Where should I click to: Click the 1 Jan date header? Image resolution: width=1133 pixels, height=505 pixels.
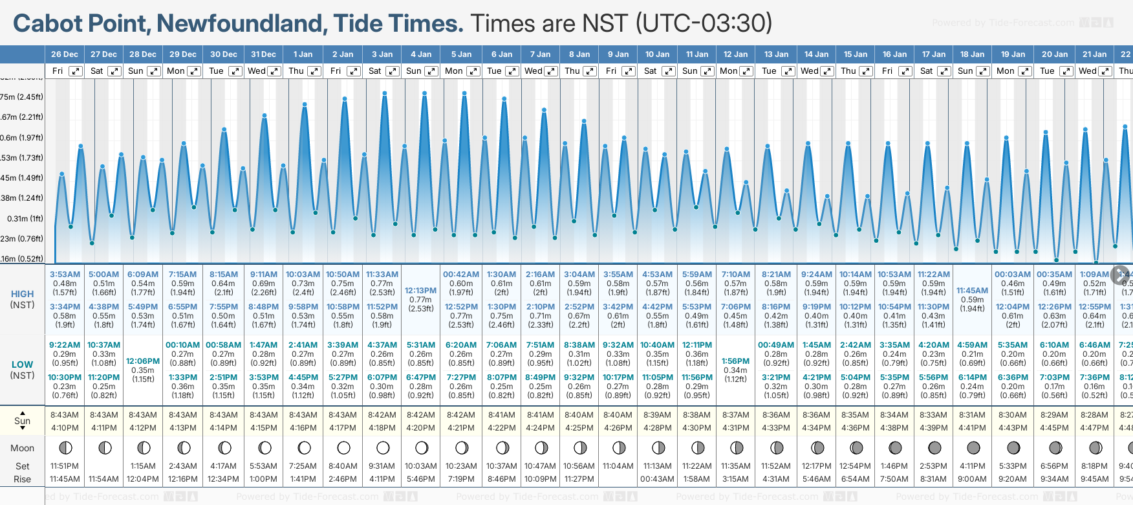303,54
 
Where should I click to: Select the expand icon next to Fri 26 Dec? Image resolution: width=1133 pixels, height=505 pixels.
76,71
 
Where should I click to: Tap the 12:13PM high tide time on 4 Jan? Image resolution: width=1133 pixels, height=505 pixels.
420,291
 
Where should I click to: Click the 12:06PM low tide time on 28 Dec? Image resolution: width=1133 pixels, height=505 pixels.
143,361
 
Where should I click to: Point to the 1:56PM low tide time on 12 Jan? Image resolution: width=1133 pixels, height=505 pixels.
735,361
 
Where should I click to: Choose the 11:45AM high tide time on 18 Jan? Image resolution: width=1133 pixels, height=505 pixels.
972,291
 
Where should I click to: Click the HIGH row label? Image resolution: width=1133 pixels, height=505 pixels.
23,294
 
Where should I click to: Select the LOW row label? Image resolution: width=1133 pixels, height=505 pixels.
23,365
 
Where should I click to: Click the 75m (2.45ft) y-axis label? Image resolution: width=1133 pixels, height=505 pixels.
22,97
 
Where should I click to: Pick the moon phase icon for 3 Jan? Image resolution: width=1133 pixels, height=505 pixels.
383,448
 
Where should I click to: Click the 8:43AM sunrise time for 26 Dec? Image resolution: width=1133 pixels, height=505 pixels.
65,415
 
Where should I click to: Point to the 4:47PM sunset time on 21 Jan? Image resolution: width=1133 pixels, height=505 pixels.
1094,428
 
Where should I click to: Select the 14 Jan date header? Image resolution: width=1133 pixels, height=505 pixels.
817,54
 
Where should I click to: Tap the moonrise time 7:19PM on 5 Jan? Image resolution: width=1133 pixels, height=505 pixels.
461,479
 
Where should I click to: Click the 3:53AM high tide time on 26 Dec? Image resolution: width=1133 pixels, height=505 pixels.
65,275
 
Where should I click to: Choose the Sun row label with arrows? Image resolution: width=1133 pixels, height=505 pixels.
23,421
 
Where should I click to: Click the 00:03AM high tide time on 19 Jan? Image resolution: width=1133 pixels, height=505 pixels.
1013,275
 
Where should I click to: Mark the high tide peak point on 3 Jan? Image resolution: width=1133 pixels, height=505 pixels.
385,93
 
